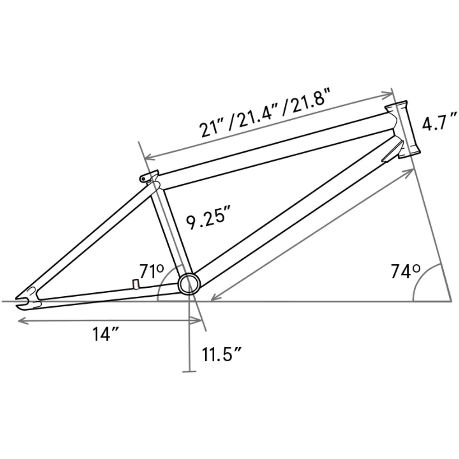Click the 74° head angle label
tap(406, 271)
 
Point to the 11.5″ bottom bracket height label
tap(221, 354)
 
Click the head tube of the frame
tap(403, 130)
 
